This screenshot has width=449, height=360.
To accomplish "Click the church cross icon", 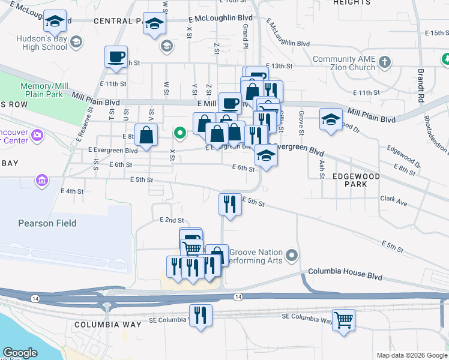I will pos(385,61).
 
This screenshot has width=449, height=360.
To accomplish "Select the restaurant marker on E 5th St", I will pos(230,204).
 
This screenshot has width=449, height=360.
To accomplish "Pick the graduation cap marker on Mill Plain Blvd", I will pos(331,119).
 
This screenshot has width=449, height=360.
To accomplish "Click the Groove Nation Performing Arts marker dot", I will pos(292,256).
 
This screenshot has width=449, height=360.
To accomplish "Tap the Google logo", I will pos(20,353).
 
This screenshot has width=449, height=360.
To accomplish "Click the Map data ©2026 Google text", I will pos(412,355).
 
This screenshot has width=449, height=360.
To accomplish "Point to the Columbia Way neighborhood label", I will pos(108,325).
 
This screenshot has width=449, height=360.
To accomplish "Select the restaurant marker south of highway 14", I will pos(200,316).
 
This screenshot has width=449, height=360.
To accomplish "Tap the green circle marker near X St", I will pos(179,132).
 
